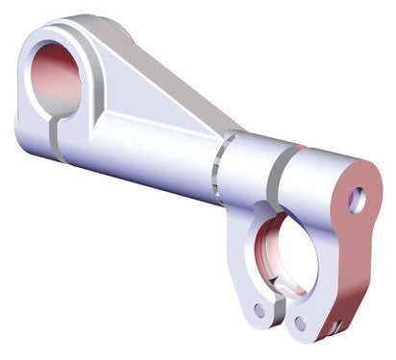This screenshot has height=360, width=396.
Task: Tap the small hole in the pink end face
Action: pyautogui.click(x=357, y=200)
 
